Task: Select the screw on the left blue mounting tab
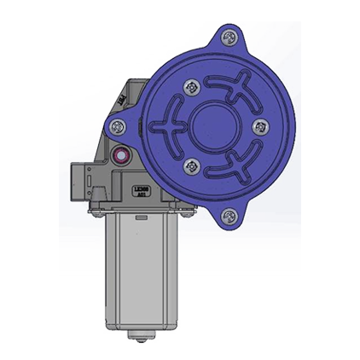[119, 126]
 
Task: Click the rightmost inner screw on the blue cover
[260, 126]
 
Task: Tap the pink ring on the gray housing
[121, 156]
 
